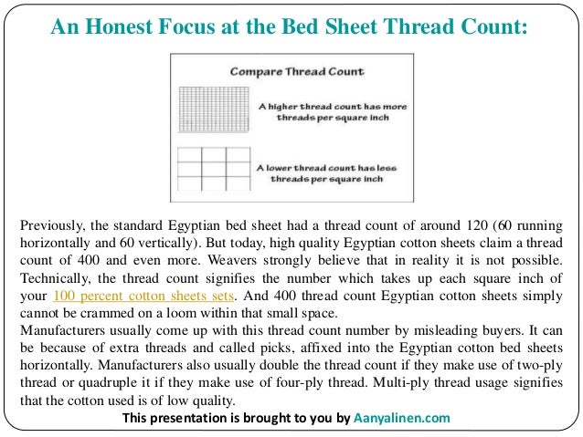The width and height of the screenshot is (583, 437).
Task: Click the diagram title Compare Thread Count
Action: tap(284, 70)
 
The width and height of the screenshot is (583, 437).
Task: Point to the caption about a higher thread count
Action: tap(331, 112)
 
